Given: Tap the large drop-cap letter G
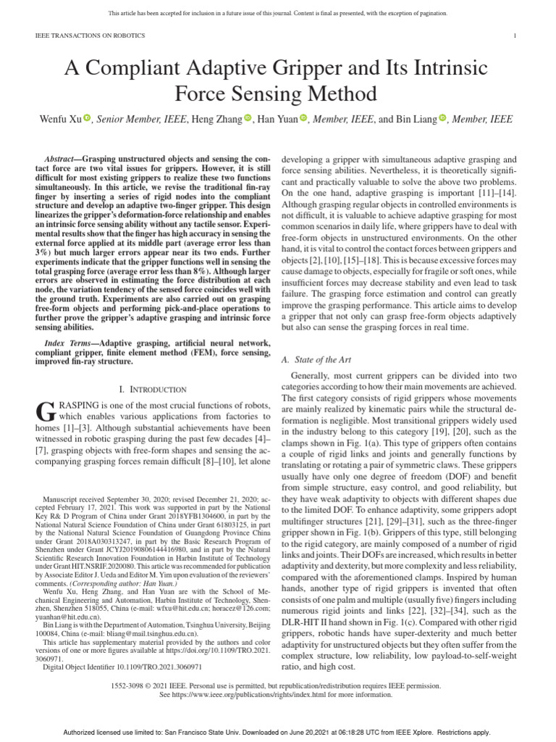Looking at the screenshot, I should coord(45,413).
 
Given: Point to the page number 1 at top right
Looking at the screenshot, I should coord(514,35).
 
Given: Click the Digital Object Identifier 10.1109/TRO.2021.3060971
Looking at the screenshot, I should coord(122,666).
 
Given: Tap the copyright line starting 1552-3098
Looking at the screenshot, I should coord(277,684).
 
